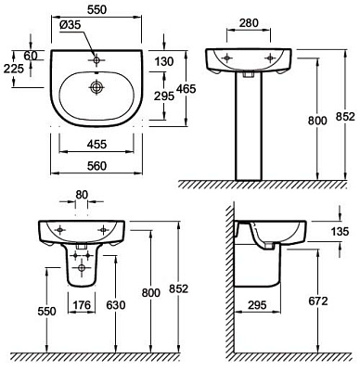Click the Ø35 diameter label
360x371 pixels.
coord(70,26)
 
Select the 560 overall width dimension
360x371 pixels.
coord(96,166)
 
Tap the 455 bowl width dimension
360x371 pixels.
coord(96,144)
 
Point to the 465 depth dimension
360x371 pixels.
coord(186,89)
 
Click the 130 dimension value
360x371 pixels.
coord(164,61)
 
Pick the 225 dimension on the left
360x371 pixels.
coord(14,69)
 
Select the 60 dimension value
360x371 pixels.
coord(31,56)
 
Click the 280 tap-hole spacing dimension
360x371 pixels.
coord(249,23)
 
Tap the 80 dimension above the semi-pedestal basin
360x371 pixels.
coord(82,195)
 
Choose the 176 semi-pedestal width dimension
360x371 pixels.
coord(82,305)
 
